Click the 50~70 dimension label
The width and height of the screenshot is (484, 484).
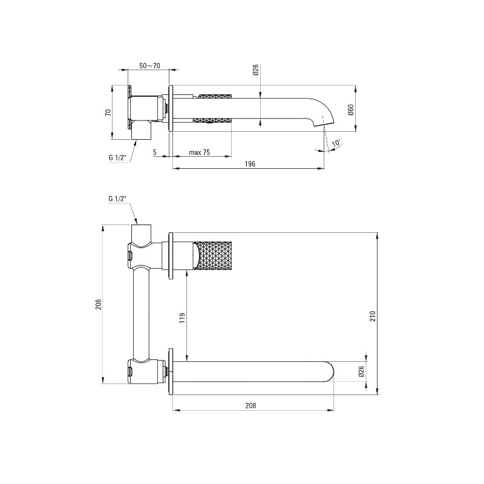coord(149,66)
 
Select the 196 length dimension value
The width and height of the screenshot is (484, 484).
coord(250,163)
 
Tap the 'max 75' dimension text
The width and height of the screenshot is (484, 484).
coord(200,152)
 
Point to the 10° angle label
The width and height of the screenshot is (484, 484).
coord(336,143)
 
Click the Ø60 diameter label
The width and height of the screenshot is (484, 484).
coord(351,110)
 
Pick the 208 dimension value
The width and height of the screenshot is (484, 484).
coord(250,405)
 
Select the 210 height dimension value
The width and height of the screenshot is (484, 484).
coord(373,316)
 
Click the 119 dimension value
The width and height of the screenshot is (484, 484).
coord(182,318)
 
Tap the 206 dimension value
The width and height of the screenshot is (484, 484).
coord(98,304)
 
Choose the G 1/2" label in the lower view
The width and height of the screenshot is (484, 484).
coord(117,198)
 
